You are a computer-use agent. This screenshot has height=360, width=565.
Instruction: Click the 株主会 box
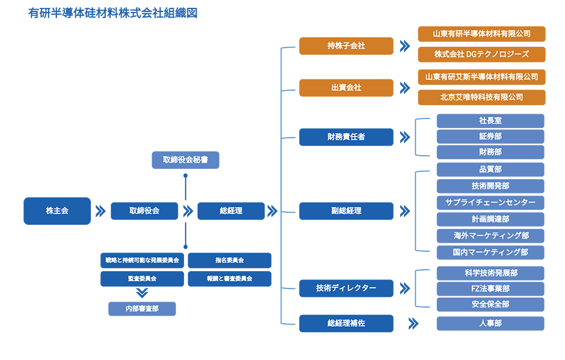57,211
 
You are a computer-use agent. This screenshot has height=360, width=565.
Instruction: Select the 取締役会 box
144,211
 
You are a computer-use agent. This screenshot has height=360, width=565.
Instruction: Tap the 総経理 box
231,211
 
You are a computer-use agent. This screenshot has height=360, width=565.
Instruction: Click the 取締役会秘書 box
185,160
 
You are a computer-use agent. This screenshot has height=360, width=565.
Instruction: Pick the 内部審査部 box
142,308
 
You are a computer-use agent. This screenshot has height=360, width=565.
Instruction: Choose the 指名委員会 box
229,260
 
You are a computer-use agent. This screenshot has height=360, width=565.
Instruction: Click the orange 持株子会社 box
346,46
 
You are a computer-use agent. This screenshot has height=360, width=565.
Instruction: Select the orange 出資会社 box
346,87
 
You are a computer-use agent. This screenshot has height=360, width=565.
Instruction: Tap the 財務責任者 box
346,136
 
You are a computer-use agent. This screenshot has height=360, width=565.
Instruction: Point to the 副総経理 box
346,211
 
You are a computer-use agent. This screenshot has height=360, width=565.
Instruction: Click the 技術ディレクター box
346,288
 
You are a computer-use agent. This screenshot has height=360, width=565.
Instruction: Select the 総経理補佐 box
346,323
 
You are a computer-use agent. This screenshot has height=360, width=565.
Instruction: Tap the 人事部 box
490,323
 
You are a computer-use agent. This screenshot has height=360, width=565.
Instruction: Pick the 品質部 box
490,169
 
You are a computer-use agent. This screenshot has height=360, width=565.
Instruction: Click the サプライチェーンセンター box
490,203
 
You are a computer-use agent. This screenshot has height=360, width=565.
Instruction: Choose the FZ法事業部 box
490,288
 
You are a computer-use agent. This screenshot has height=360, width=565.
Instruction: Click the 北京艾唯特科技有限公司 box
481,97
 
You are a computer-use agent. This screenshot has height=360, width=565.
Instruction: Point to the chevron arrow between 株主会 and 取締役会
100,211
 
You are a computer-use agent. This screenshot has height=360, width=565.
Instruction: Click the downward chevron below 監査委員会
142,293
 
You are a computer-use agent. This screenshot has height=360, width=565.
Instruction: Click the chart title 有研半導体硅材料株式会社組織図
113,13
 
